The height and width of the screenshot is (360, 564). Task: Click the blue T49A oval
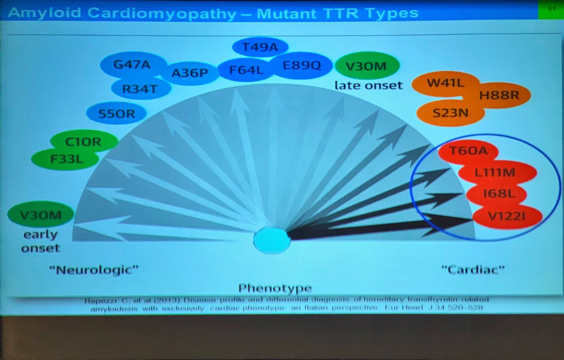(x=260, y=47)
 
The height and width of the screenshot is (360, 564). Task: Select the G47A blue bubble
(x=133, y=65)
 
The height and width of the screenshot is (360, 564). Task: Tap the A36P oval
(x=189, y=73)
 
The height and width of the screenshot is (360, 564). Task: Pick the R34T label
(x=140, y=88)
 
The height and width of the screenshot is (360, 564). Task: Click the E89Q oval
(x=301, y=66)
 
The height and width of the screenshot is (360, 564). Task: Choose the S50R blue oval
(x=117, y=113)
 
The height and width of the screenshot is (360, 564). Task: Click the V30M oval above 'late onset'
(x=367, y=66)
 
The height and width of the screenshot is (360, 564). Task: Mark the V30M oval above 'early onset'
(x=40, y=216)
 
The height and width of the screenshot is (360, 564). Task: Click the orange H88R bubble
(x=499, y=96)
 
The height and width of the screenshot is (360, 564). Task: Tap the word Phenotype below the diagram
(x=274, y=288)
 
